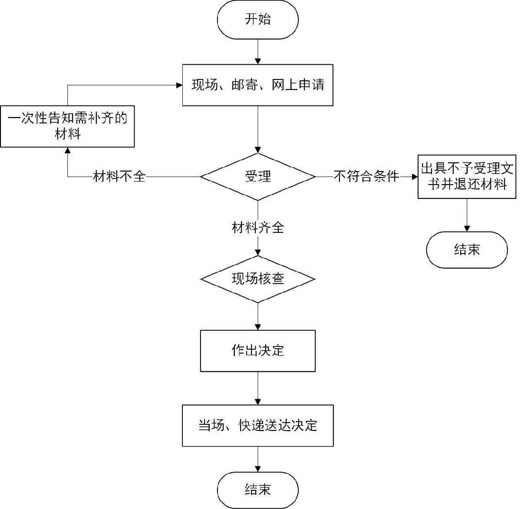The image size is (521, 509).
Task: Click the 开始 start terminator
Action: pos(257,20)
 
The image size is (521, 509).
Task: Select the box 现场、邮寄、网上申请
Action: pos(257,85)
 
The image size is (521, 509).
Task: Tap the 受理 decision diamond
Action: pos(257,177)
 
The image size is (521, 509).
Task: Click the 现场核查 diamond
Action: pos(257,279)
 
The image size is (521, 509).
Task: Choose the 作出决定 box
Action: pos(257,351)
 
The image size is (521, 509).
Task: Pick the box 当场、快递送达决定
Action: pos(257,426)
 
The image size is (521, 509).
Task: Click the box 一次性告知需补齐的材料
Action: pos(67,126)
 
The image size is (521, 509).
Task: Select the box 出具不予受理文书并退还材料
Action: pos(467,177)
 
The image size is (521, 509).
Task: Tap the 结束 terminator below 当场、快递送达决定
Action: pos(257,490)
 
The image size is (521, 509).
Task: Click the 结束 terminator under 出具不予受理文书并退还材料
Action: pos(467,250)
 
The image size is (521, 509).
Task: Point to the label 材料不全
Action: pos(119,177)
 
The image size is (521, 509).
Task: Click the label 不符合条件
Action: pos(366,176)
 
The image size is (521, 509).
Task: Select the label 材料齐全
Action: pos(257,228)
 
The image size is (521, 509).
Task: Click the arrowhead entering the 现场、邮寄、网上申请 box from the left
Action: pos(179,86)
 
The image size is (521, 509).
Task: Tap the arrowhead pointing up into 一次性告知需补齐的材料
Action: pos(68,150)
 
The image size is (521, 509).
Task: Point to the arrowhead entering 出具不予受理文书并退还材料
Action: pos(415,177)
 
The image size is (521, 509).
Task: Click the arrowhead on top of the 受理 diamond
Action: pos(257,150)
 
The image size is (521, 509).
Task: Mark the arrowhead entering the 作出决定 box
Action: pos(257,327)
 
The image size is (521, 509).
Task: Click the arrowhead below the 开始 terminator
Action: pos(257,61)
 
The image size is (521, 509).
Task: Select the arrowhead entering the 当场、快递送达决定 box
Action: pos(257,402)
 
